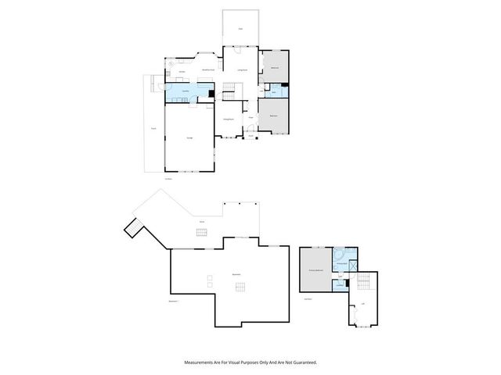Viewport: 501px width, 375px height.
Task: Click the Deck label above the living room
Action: point(240,29)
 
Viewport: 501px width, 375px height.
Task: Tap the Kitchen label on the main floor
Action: point(181,72)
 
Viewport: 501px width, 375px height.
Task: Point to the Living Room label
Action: point(242,70)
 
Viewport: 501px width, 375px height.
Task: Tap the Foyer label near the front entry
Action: point(250,117)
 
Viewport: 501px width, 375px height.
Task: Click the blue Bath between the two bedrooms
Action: point(275,92)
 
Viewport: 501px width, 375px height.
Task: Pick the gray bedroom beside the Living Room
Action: point(276,68)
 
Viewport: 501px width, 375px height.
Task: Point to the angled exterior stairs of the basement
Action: point(132,227)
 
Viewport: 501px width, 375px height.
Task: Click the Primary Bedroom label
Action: point(316,270)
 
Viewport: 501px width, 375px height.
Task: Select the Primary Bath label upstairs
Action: point(342,265)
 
